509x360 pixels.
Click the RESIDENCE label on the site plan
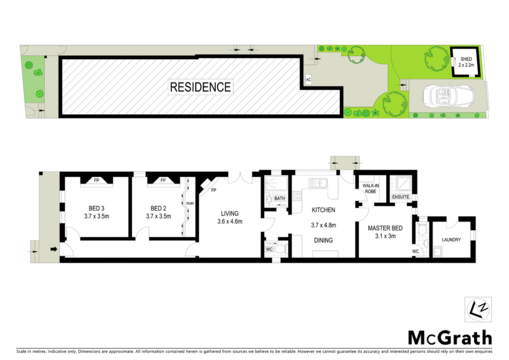(200, 87)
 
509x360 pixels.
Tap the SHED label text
(466, 59)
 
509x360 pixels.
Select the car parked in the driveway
(448, 97)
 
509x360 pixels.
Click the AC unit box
(308, 80)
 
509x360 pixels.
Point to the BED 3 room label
(96, 208)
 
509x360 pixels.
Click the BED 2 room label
(159, 208)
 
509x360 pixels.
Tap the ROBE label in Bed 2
(190, 203)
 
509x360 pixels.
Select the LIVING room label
(230, 214)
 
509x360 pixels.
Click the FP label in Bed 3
(96, 180)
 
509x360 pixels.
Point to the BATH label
(280, 198)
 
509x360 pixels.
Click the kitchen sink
(318, 183)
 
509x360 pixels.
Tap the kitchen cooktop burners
(297, 195)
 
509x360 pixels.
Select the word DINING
(323, 241)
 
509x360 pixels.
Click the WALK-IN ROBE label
(371, 188)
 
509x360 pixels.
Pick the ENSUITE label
(401, 197)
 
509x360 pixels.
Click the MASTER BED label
(385, 228)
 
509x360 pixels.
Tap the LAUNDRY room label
(451, 240)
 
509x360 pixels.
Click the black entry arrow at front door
(54, 249)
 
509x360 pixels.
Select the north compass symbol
(478, 309)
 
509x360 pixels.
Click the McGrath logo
(450, 338)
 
